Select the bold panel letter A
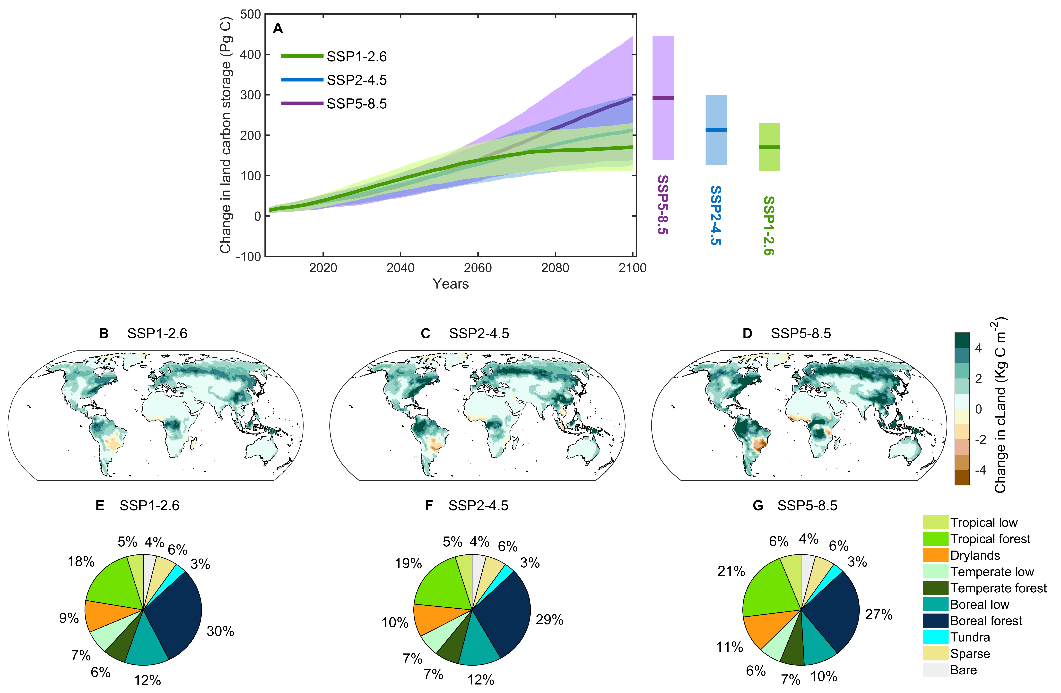(278, 28)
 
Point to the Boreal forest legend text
(986, 621)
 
